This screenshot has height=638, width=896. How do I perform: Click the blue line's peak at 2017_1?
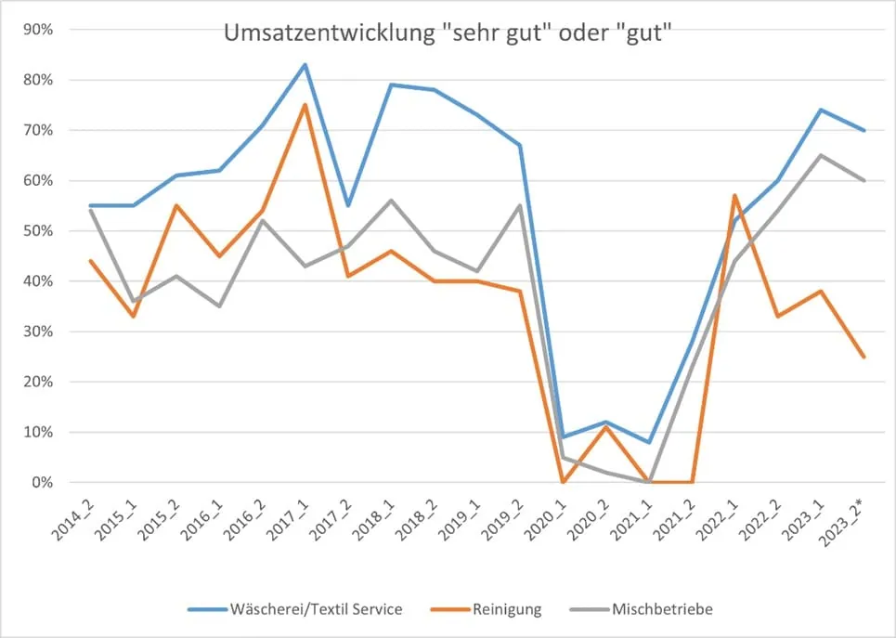click(x=305, y=65)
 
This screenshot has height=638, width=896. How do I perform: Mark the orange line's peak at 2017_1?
click(x=305, y=105)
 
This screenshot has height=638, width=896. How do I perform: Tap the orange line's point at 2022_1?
click(x=735, y=195)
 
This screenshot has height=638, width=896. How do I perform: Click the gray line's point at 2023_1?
click(x=822, y=155)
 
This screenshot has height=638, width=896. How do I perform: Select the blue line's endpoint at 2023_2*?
click(x=864, y=130)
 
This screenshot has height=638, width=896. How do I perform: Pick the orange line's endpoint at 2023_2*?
click(x=864, y=357)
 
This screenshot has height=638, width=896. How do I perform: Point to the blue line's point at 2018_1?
click(x=391, y=85)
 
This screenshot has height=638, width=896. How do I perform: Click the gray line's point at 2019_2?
click(x=520, y=205)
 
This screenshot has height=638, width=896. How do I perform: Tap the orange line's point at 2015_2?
click(x=175, y=205)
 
